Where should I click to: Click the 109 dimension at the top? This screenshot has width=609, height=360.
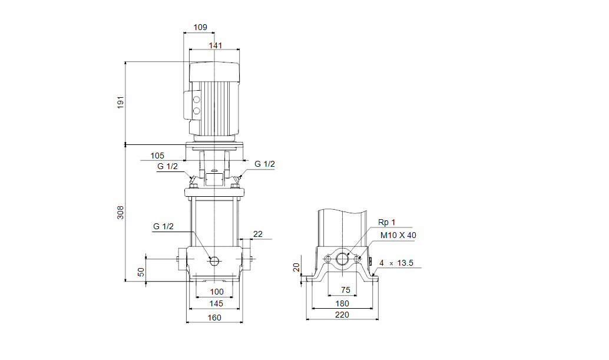point(200,27)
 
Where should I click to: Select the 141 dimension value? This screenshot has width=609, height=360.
point(216,45)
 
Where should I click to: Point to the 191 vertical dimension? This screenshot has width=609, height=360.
point(120,102)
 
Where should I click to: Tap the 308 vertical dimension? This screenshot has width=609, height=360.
point(120,213)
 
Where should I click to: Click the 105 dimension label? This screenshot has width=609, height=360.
point(157,156)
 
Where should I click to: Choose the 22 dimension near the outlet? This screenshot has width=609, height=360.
point(258,234)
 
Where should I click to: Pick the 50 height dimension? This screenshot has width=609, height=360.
point(141,272)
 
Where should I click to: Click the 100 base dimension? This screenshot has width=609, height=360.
point(217,292)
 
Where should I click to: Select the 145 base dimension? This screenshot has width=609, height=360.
point(216,303)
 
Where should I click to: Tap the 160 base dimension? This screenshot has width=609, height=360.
point(214,318)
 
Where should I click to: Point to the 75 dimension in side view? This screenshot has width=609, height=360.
point(346,290)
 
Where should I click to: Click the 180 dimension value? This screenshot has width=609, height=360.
point(342,303)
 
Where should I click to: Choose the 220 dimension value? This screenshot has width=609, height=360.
point(342,315)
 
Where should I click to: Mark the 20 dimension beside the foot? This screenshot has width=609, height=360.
point(296,267)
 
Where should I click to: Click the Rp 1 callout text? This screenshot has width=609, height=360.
point(387,222)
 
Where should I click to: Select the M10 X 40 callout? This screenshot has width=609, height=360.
point(398,235)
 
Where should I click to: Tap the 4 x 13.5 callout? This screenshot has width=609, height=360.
point(396,263)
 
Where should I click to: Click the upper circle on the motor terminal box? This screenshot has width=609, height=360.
point(197,100)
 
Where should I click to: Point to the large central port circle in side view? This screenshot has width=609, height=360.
point(342,258)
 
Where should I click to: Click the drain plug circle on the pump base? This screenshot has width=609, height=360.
point(214,261)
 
